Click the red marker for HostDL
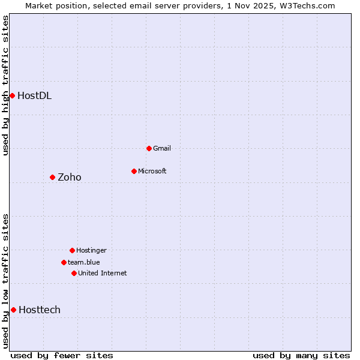tap(12, 95)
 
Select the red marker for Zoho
tap(52, 177)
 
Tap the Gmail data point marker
tap(149, 148)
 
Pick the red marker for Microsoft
tap(134, 171)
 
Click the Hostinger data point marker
tap(72, 250)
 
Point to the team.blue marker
tap(64, 262)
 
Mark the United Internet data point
tap(74, 273)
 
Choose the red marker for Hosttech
tap(13, 310)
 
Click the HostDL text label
tap(34, 95)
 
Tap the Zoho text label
tap(69, 177)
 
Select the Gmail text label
tap(162, 148)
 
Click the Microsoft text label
tap(152, 171)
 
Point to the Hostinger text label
tap(91, 250)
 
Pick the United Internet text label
tap(103, 273)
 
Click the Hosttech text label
tap(40, 310)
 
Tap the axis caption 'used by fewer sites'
tap(62, 355)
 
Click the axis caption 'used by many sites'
tap(301, 355)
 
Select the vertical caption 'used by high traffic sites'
tap(5, 85)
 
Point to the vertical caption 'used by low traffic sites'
tap(5, 281)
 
